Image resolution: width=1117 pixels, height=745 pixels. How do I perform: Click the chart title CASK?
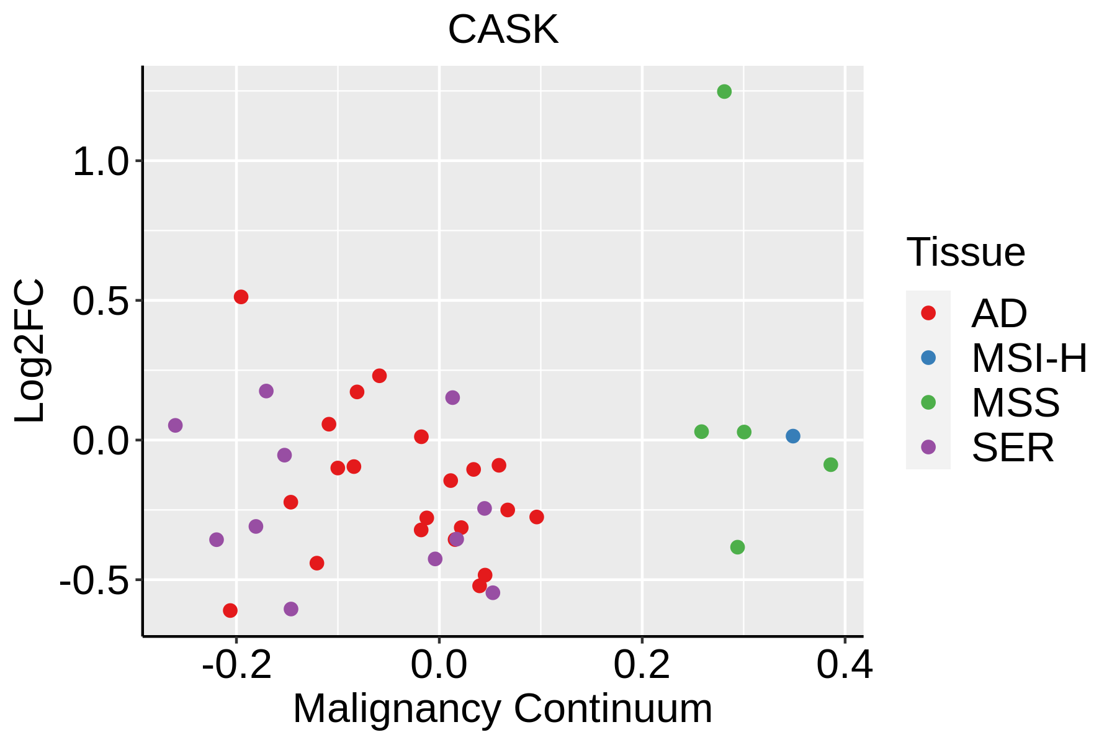(x=503, y=29)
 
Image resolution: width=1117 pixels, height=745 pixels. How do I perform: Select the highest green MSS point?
(x=724, y=92)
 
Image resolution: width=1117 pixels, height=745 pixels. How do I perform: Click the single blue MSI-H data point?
(x=792, y=436)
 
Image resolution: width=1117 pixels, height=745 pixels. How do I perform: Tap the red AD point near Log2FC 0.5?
(x=241, y=297)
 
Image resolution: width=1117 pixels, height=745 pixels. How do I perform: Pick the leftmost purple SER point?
(x=176, y=425)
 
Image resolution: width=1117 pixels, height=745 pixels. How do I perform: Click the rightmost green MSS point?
(x=831, y=465)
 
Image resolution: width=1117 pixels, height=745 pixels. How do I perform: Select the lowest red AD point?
(x=230, y=611)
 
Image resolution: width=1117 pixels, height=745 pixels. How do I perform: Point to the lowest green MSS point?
(x=737, y=548)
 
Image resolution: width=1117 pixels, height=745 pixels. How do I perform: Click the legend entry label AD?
(x=999, y=314)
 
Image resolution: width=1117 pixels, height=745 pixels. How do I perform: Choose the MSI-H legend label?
(x=1030, y=358)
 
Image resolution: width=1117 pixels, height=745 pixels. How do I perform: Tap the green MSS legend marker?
(x=928, y=403)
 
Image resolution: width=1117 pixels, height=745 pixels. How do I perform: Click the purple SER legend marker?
(x=928, y=448)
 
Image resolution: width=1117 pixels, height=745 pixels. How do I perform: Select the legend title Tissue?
(x=966, y=252)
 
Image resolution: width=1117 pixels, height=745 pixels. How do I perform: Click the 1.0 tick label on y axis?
(x=99, y=163)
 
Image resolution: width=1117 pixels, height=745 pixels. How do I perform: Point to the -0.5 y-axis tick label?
(x=92, y=582)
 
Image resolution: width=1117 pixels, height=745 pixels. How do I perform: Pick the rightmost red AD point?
(x=537, y=517)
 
